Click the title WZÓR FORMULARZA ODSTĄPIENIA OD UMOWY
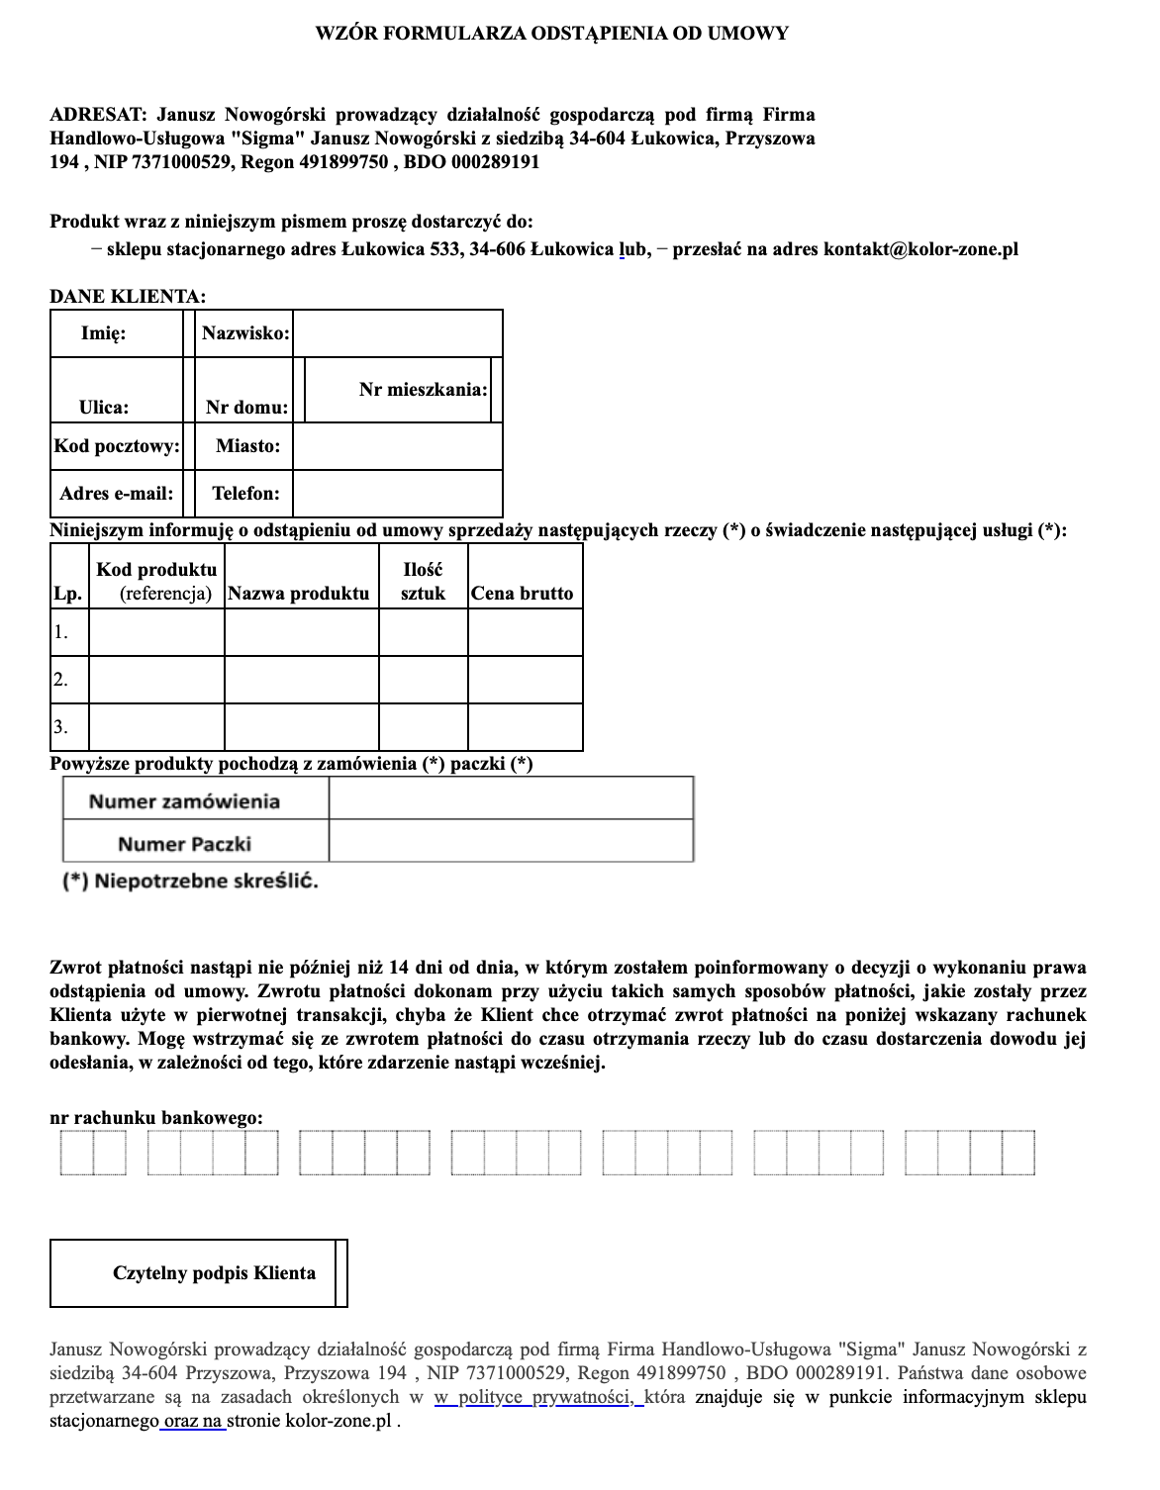tap(551, 34)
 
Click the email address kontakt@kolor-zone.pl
tap(920, 249)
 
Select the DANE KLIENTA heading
tap(129, 296)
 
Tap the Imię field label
tap(104, 333)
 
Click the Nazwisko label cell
tap(245, 333)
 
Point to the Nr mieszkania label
tap(423, 390)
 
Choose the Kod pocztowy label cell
tap(117, 446)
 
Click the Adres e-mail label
tap(117, 493)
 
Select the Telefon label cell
tap(245, 493)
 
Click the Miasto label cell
tap(247, 446)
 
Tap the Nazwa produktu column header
tap(299, 594)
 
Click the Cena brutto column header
tap(523, 594)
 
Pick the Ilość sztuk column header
tap(423, 582)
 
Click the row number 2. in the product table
tap(61, 680)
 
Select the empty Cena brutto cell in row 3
tap(525, 727)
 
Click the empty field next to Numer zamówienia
tap(510, 799)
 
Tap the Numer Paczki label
tap(185, 844)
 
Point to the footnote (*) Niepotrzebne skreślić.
tap(191, 882)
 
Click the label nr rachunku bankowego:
tap(156, 1118)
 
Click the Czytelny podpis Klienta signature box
tap(198, 1273)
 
